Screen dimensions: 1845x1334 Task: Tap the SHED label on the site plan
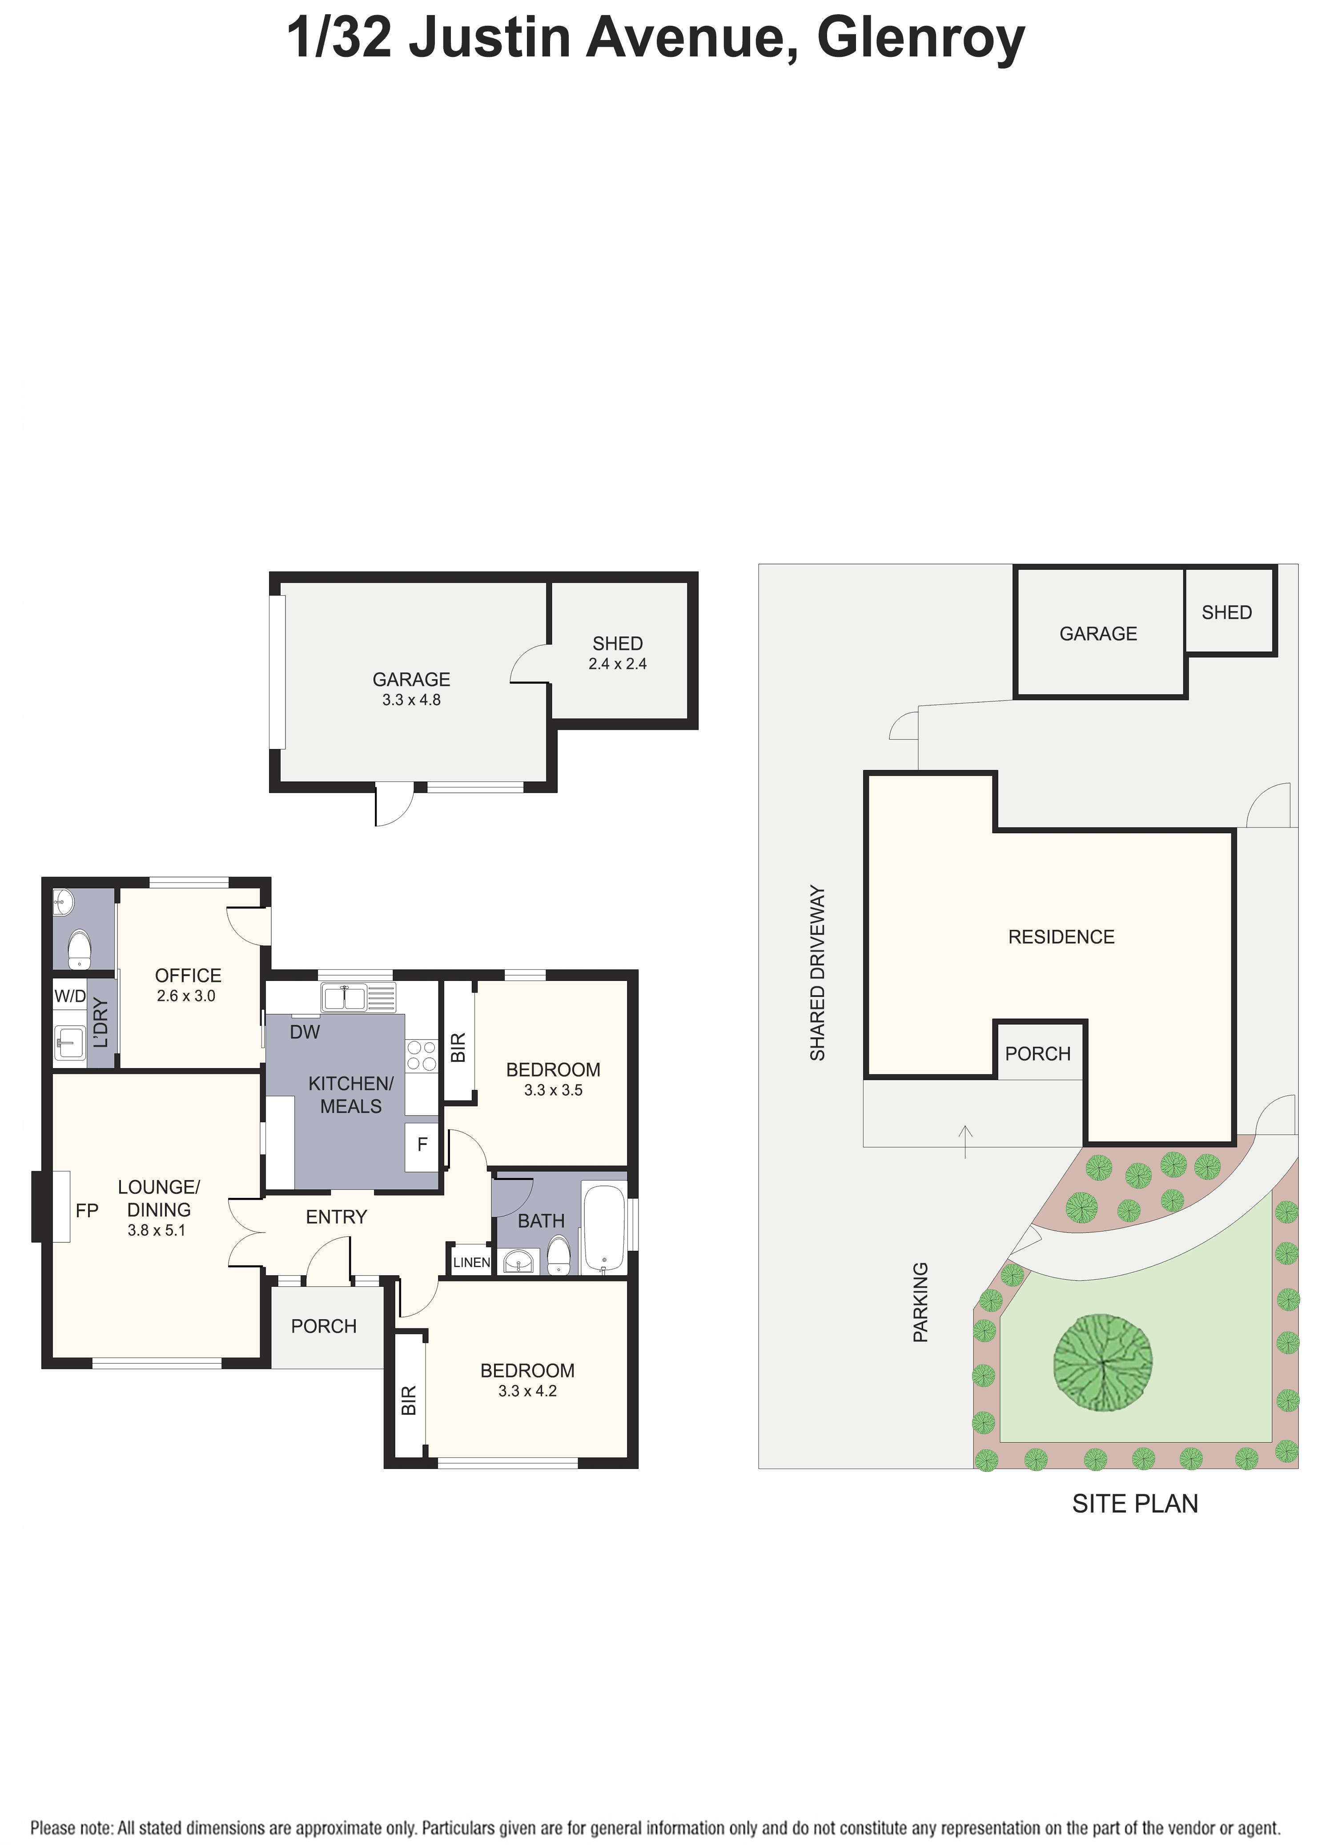point(1226,612)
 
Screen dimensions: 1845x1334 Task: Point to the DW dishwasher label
point(305,1033)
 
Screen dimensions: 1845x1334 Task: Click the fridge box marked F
point(422,1145)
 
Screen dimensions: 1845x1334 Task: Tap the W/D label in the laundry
point(69,996)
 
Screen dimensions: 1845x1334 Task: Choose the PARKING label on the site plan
point(920,1301)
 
